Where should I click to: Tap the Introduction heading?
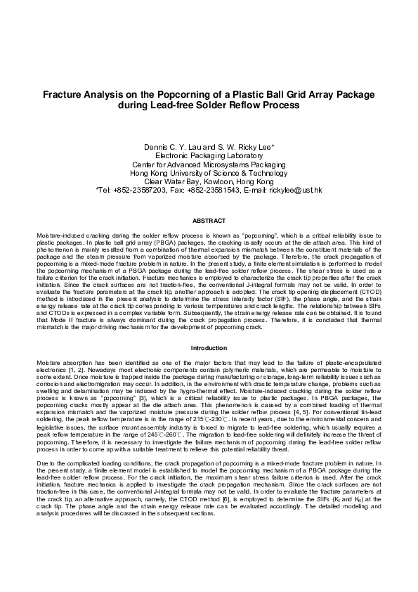pyautogui.click(x=209, y=348)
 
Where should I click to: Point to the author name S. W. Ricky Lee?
pyautogui.click(x=244, y=147)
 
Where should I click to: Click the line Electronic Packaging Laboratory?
pyautogui.click(x=208, y=155)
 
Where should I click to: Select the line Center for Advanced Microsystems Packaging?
pyautogui.click(x=208, y=164)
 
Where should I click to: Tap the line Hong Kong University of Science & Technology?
pyautogui.click(x=208, y=172)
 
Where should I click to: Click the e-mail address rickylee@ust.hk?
pyautogui.click(x=294, y=189)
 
